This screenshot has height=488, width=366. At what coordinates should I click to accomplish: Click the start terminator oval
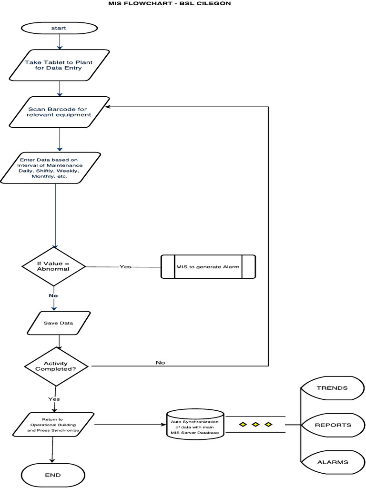tap(59, 28)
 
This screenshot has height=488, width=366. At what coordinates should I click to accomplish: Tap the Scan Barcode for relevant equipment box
tap(60, 112)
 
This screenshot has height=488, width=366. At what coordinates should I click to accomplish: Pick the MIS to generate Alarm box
tap(208, 267)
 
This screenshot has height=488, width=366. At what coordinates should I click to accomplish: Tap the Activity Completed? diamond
tap(56, 366)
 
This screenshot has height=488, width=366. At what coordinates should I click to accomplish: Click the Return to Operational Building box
tap(53, 425)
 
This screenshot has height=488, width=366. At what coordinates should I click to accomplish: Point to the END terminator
tap(53, 475)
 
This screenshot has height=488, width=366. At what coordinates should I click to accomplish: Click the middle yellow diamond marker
tap(255, 424)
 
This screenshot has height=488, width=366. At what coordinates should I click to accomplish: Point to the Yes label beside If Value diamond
tap(125, 267)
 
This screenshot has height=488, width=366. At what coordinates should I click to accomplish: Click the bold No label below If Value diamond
tap(53, 295)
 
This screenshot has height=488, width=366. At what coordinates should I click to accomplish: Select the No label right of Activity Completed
tap(160, 363)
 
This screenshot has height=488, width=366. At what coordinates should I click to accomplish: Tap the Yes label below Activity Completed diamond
tap(54, 399)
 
